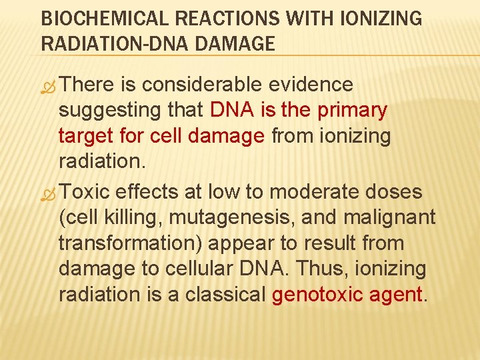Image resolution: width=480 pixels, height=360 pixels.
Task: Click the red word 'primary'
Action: click(353, 111)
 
